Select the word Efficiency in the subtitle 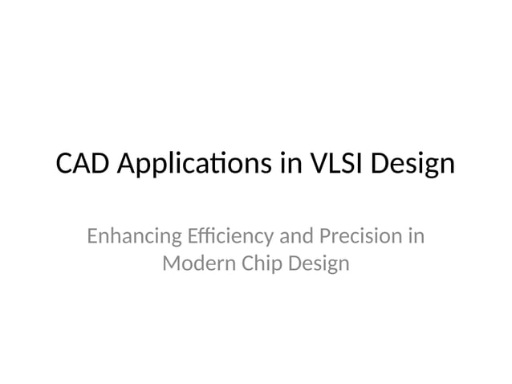point(230,238)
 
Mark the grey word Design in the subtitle point(320,263)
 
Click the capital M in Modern point(171,263)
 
